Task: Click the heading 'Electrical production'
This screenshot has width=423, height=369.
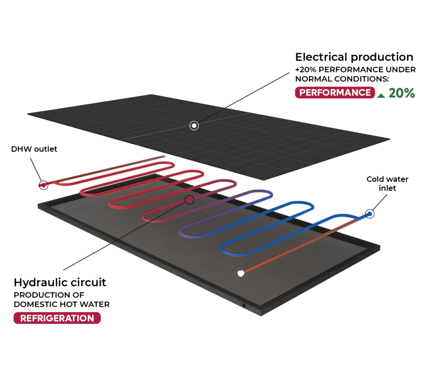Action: point(354,57)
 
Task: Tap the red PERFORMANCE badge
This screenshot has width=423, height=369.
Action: point(335,92)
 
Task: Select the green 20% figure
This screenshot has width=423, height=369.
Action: point(402,93)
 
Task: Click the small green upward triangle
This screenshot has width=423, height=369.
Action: point(381,95)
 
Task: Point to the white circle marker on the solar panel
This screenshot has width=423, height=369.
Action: point(194,125)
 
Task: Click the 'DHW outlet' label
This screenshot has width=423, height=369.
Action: point(34,149)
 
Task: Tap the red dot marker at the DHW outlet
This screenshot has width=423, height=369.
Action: point(43,185)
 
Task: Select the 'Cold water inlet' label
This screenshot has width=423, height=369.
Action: point(387,183)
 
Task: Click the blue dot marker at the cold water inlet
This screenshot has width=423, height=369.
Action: point(370,214)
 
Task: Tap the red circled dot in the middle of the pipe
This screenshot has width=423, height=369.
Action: point(190,200)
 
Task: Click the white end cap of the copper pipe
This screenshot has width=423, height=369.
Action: point(241,273)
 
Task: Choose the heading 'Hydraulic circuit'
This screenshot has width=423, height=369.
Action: point(60,282)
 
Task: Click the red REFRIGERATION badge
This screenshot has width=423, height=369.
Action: point(57,318)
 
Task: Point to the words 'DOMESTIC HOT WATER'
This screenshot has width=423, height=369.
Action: point(62,304)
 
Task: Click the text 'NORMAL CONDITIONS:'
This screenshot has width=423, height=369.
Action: point(342,79)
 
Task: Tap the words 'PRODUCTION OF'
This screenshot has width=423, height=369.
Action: point(49,295)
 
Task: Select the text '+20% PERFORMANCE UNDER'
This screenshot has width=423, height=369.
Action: point(355,70)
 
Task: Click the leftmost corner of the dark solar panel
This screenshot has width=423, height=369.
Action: point(28,114)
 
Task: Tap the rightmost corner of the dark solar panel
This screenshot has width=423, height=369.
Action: point(390,139)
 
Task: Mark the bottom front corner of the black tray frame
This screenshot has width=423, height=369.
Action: point(261,316)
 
